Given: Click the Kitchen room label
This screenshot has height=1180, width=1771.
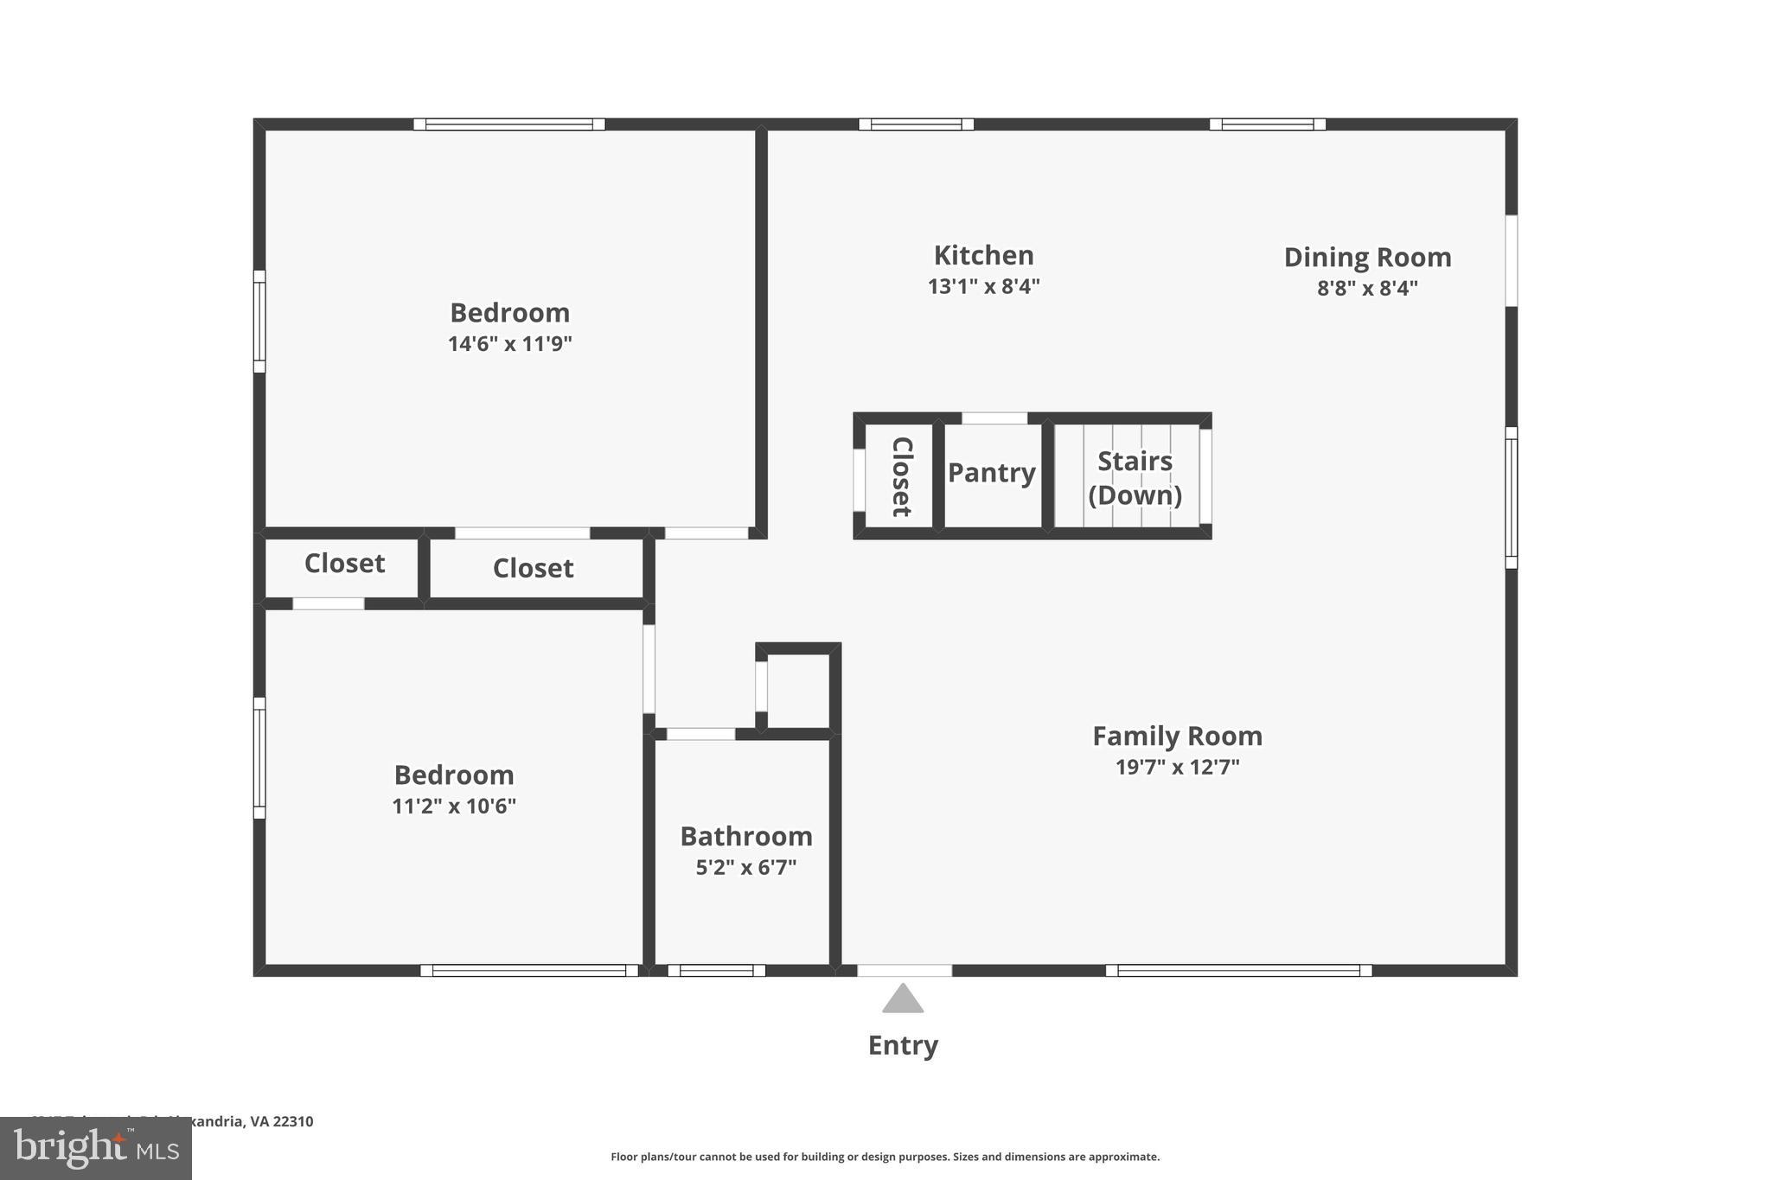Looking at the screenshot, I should tap(983, 256).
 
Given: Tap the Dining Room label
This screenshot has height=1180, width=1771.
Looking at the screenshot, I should tap(1367, 258).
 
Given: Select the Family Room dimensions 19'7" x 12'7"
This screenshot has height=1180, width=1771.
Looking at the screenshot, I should tap(1177, 767).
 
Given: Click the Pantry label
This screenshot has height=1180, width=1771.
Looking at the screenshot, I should tap(991, 473).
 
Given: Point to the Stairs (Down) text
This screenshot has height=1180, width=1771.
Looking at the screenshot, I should tap(1135, 478).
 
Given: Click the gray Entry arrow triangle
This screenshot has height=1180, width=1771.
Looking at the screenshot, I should tap(903, 999).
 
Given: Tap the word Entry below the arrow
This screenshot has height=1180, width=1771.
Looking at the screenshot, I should tap(903, 1045).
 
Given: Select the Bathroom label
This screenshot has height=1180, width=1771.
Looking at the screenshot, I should tap(745, 836).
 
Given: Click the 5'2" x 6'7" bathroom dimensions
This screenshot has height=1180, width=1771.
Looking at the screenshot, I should tap(745, 867).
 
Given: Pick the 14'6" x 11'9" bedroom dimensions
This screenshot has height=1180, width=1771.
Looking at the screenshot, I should tap(509, 344).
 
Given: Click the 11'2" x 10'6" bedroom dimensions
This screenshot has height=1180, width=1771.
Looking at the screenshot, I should tap(454, 806).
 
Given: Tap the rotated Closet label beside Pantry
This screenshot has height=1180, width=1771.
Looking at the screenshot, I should tap(901, 476).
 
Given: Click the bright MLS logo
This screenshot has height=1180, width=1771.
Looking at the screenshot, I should tap(96, 1148).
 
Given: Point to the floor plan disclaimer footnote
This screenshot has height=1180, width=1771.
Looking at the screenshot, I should tap(885, 1157).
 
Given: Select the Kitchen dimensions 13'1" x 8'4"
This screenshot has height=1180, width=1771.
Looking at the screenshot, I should tap(983, 286).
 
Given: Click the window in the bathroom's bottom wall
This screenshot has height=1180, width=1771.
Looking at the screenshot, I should tap(716, 971).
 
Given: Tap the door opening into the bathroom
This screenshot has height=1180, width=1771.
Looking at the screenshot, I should tap(700, 734).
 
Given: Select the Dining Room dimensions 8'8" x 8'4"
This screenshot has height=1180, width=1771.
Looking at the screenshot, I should tap(1367, 288).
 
